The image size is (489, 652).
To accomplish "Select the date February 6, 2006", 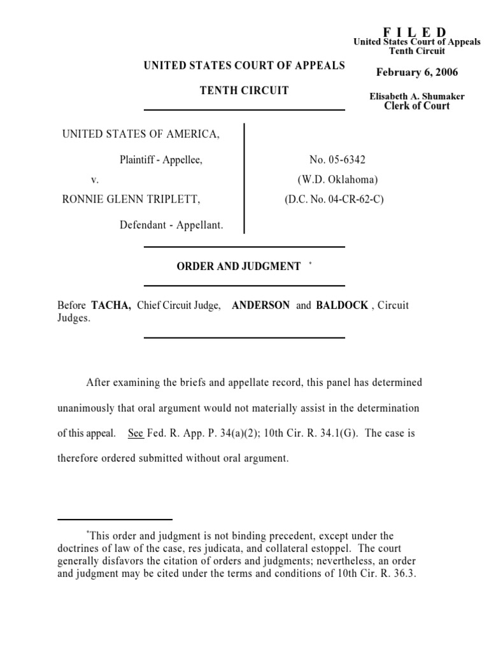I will (x=417, y=72).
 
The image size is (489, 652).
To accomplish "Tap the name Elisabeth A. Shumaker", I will (x=417, y=96).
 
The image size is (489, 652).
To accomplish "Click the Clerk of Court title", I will (x=417, y=106).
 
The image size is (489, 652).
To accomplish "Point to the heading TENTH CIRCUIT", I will (x=244, y=90).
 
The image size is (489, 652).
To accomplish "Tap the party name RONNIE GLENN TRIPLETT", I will (x=131, y=199).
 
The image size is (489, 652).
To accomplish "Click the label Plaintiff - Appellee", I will (x=161, y=160).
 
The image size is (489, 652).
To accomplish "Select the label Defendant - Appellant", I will (x=171, y=225).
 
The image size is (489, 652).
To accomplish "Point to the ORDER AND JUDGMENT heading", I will (x=238, y=266).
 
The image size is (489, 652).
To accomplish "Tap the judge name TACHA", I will (x=111, y=305).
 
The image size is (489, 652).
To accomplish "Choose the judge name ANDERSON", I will (x=261, y=305).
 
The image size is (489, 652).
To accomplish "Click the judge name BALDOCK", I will (x=342, y=305).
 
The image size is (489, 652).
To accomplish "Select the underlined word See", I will (x=136, y=434).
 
